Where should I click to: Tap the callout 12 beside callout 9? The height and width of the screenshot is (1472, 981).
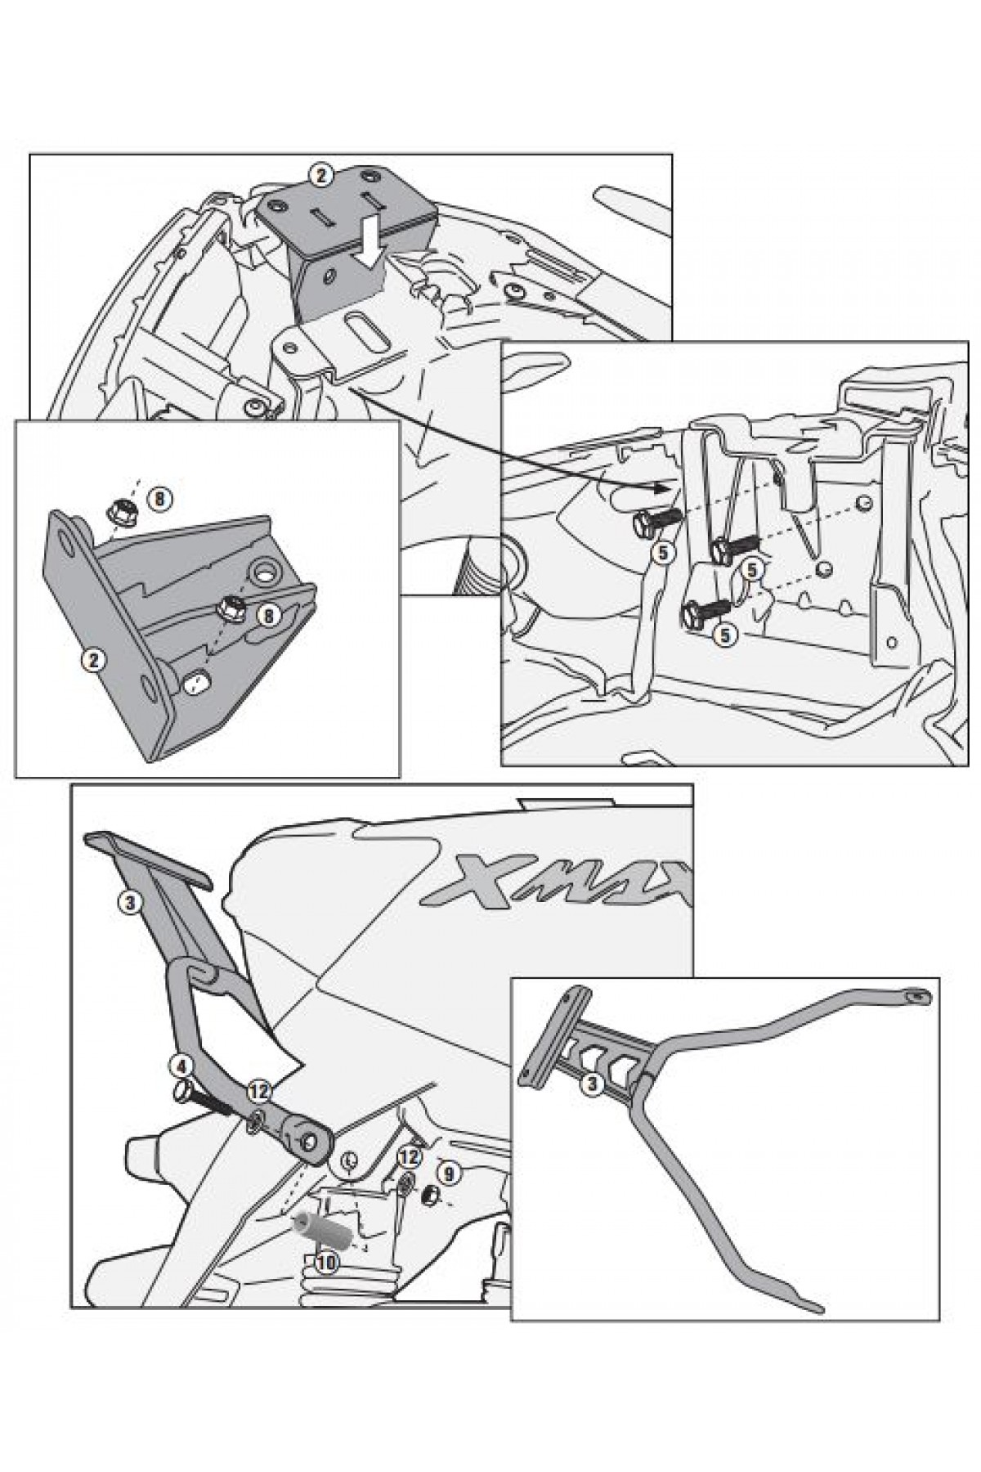tap(410, 1157)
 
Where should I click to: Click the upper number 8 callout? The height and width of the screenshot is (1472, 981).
tap(159, 496)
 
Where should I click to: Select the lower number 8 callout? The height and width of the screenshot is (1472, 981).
tap(269, 615)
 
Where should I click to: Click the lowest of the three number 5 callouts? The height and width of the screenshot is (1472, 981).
tap(724, 634)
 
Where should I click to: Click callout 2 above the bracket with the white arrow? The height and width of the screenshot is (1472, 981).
tap(320, 174)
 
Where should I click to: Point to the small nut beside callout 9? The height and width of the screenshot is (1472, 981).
tap(428, 1196)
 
